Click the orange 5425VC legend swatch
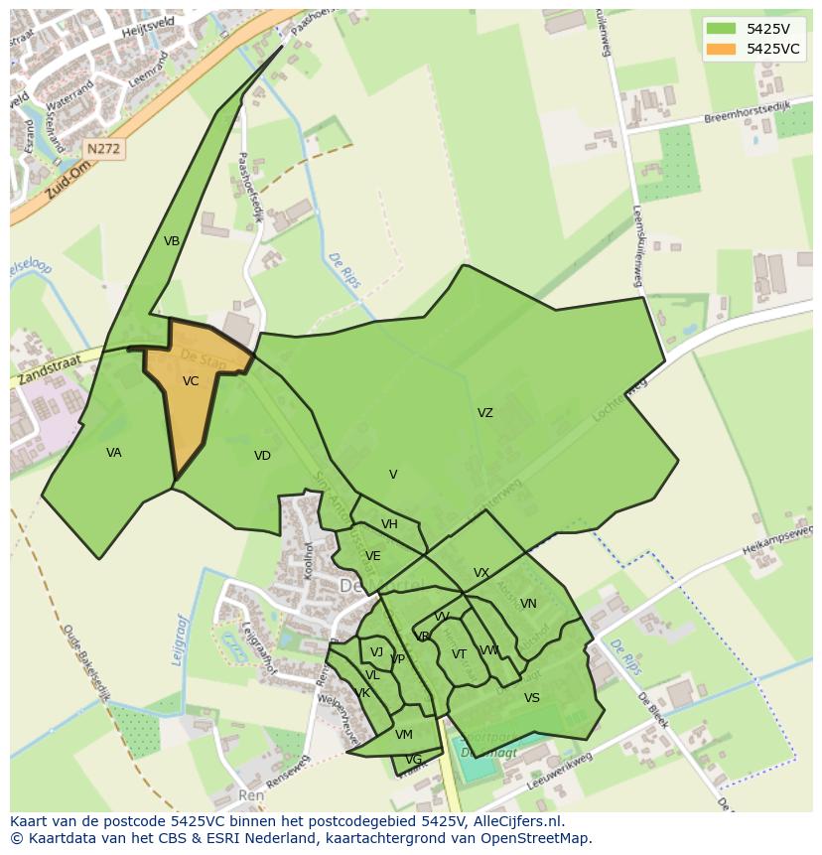point(722,49)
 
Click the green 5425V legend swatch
point(722,28)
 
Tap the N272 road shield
point(103,149)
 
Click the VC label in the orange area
point(191,380)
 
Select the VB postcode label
point(172,241)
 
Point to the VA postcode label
point(114,453)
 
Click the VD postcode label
point(262,456)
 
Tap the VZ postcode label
point(484,413)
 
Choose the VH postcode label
point(389,524)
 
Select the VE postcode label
point(372,556)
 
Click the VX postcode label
point(481,573)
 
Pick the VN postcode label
point(528,604)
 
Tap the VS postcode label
point(532,698)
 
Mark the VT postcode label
point(459,654)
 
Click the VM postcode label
point(403,735)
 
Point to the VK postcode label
point(362,693)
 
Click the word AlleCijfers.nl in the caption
point(516,821)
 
